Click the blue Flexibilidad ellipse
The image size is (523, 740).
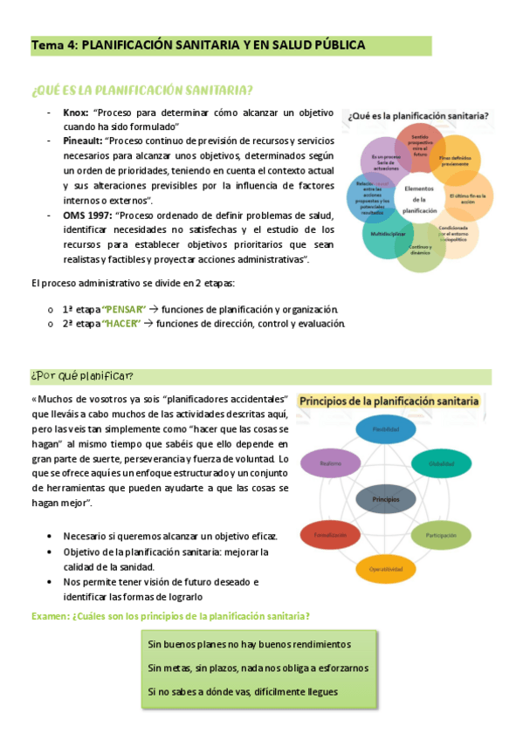(386, 429)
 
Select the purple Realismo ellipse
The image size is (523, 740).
(331, 463)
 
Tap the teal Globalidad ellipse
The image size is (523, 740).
(442, 463)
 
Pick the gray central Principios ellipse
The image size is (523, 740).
(386, 499)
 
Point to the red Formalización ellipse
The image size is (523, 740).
(331, 533)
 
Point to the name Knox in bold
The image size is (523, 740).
(76, 113)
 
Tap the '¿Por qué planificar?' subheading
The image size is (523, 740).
(82, 376)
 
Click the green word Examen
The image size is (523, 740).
(51, 617)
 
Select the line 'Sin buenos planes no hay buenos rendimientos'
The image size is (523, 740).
(250, 644)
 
